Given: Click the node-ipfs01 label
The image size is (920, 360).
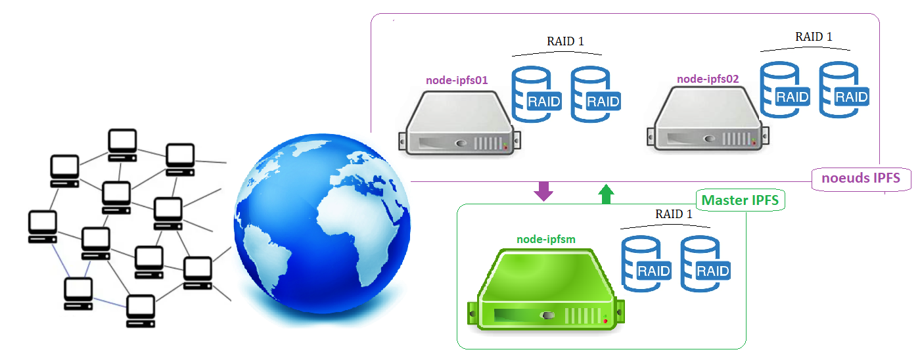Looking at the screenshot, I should point(456,81).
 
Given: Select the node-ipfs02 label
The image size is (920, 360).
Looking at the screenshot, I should point(708,79).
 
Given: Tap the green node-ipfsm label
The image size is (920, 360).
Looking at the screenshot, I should point(545,240).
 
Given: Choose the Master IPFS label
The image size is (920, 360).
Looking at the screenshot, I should point(741,200).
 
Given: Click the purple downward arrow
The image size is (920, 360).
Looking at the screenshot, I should point(543,191).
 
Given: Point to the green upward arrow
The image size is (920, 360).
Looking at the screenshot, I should point(606,194).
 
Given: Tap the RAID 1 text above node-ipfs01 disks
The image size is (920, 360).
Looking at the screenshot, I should point(565,41).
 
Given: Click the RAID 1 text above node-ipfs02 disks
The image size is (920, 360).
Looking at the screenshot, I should point(814,37).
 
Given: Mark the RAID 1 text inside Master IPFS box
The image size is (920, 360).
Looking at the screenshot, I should point(674,214).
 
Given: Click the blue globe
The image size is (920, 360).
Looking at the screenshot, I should point(322,230).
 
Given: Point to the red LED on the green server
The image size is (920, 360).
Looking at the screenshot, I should point(605,321).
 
